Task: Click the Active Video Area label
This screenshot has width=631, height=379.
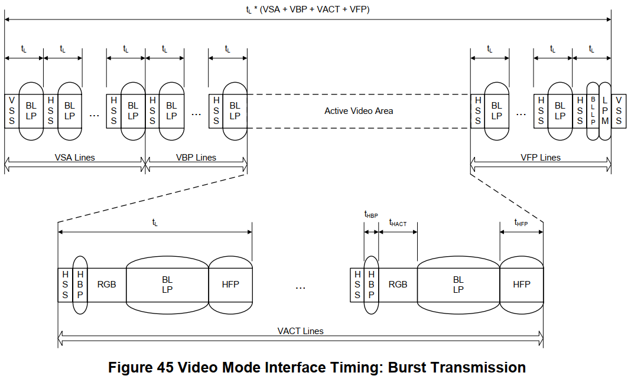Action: click(x=359, y=111)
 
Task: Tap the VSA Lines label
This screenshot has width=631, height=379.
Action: click(x=75, y=158)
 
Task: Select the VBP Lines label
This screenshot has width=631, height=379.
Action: click(x=196, y=158)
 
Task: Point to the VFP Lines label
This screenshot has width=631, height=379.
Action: click(x=541, y=158)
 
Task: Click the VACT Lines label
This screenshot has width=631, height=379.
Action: click(x=300, y=331)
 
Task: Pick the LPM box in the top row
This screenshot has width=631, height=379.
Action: click(x=605, y=112)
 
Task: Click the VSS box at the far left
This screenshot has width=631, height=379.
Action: click(x=12, y=112)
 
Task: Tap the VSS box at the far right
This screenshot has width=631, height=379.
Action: click(x=619, y=112)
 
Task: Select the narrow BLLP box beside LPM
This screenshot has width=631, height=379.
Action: click(x=593, y=112)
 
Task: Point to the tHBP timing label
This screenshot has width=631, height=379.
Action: click(x=371, y=215)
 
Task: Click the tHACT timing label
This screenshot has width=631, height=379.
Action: click(x=398, y=223)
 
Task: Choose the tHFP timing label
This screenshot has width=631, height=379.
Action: click(x=521, y=223)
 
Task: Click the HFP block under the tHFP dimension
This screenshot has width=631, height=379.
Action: click(x=522, y=285)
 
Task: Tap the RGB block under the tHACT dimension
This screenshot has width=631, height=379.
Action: click(x=398, y=285)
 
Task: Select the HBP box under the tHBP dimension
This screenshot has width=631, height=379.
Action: click(x=371, y=285)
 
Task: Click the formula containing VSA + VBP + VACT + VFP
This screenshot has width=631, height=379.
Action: click(x=308, y=9)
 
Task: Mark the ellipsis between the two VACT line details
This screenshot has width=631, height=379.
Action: click(x=300, y=288)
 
